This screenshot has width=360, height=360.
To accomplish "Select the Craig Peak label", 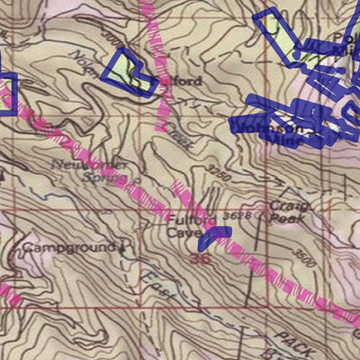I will [x=288, y=212].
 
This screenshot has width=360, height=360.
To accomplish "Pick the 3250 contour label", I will [x=218, y=170].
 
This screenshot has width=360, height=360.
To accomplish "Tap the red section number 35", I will [x=200, y=258].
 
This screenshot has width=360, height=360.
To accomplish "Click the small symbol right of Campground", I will [x=122, y=245].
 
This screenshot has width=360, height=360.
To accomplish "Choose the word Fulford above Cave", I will [x=184, y=218].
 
